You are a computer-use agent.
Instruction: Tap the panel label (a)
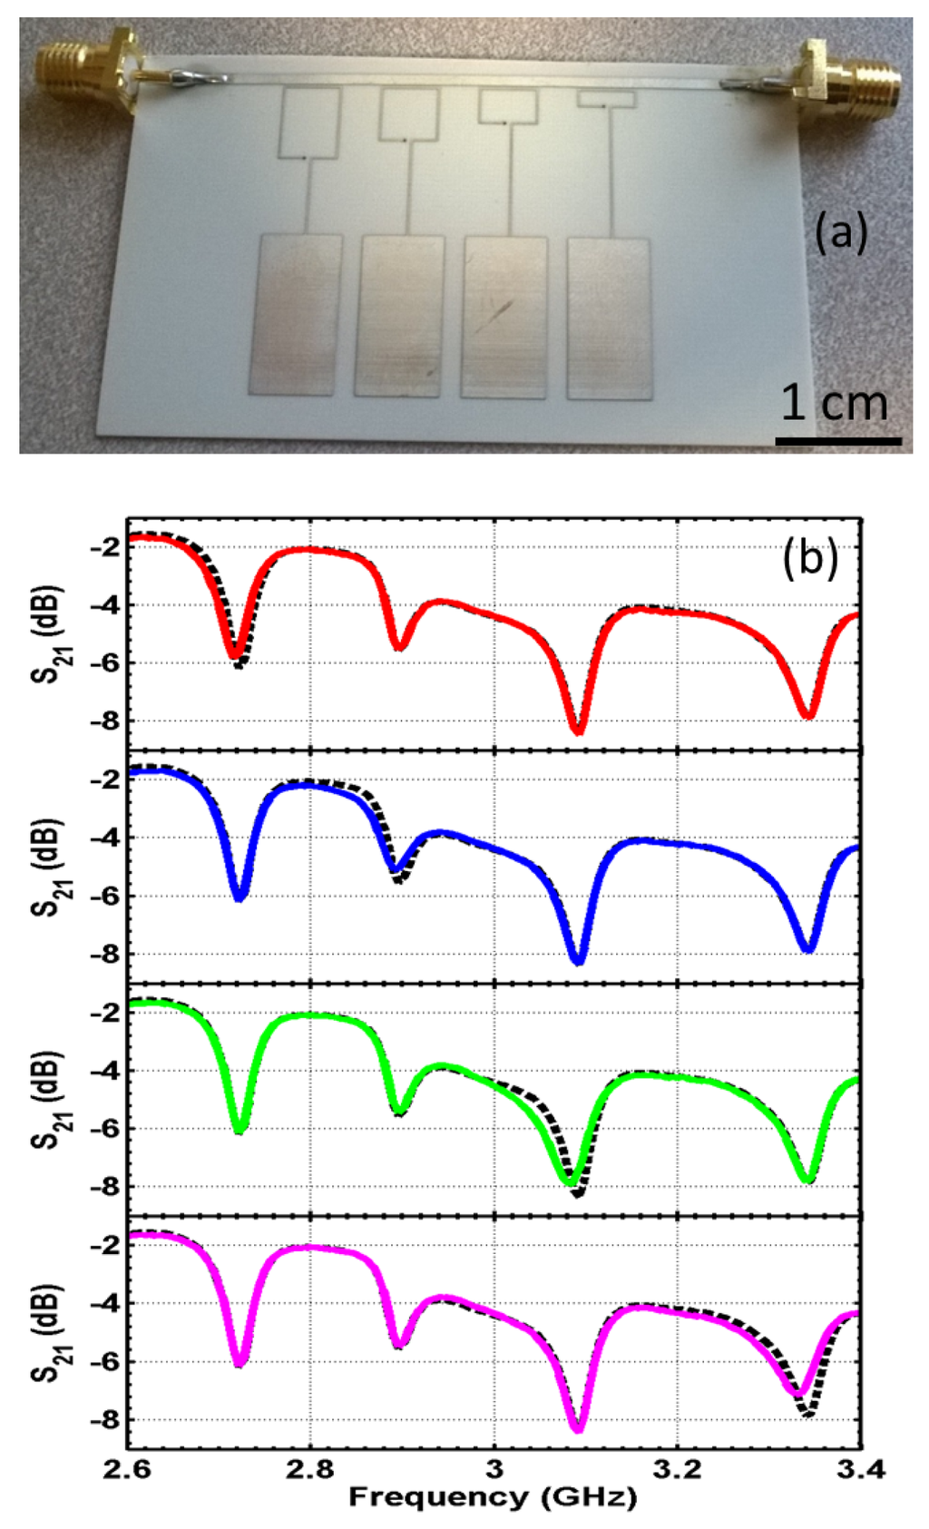[840, 233]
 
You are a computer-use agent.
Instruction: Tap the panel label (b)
[809, 559]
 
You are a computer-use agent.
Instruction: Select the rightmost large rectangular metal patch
[609, 319]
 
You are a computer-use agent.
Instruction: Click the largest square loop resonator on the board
[308, 122]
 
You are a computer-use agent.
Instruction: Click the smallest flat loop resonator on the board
[607, 98]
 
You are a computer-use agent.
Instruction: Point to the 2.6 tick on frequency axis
[128, 1468]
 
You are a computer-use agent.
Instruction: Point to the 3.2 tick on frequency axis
[678, 1468]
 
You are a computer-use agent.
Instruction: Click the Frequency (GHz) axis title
[493, 1496]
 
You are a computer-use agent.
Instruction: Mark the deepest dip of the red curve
[577, 728]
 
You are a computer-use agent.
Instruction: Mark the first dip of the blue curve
[240, 895]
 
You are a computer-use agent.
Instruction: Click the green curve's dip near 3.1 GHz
[572, 1181]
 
